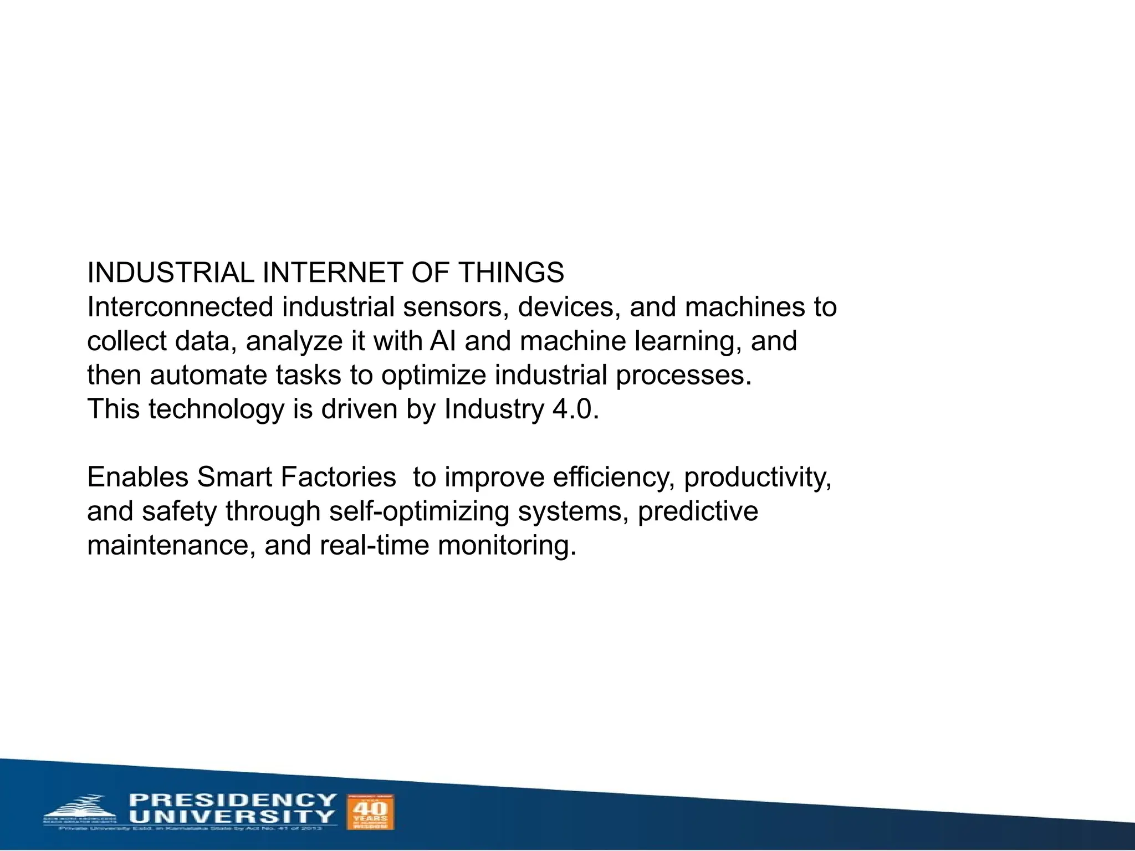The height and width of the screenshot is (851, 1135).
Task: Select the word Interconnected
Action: click(180, 307)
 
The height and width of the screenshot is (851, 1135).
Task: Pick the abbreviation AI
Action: click(443, 341)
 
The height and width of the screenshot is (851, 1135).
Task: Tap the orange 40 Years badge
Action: click(370, 812)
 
